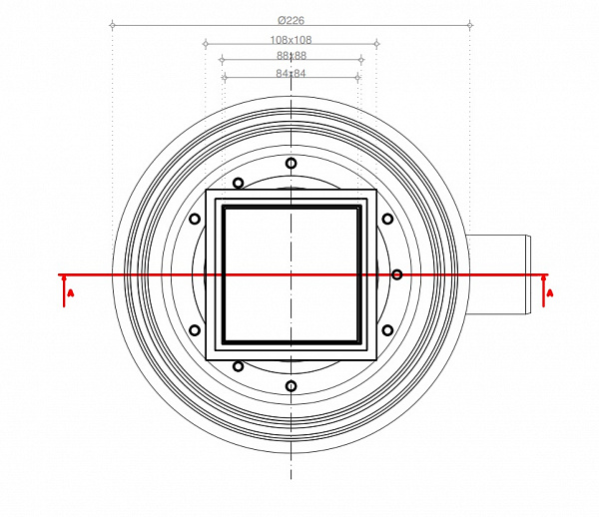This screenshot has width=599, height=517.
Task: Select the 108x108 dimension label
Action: pyautogui.click(x=291, y=40)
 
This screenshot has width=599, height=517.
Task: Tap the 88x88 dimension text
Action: pyautogui.click(x=291, y=57)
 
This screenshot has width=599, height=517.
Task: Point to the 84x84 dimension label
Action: pyautogui.click(x=291, y=73)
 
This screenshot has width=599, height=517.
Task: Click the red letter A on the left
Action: pyautogui.click(x=70, y=293)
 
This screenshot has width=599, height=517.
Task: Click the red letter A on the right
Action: pyautogui.click(x=550, y=292)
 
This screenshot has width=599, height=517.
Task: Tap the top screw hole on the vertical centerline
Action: pyautogui.click(x=291, y=163)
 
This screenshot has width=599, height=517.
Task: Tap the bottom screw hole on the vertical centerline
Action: pyautogui.click(x=291, y=386)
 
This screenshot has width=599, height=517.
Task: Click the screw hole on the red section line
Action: pyautogui.click(x=396, y=274)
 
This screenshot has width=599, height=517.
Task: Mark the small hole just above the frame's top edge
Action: pyautogui.click(x=238, y=183)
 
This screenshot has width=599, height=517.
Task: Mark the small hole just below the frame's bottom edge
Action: pyautogui.click(x=238, y=366)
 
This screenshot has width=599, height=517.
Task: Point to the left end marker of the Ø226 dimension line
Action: pyautogui.click(x=112, y=24)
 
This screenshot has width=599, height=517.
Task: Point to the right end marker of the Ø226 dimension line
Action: pyautogui.click(x=469, y=24)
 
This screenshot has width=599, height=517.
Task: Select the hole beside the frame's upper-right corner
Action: pyautogui.click(x=387, y=219)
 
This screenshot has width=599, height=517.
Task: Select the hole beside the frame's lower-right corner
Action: pyautogui.click(x=387, y=330)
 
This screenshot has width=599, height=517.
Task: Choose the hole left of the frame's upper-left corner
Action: pyautogui.click(x=195, y=219)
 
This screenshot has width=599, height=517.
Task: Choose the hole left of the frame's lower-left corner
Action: pyautogui.click(x=195, y=330)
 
